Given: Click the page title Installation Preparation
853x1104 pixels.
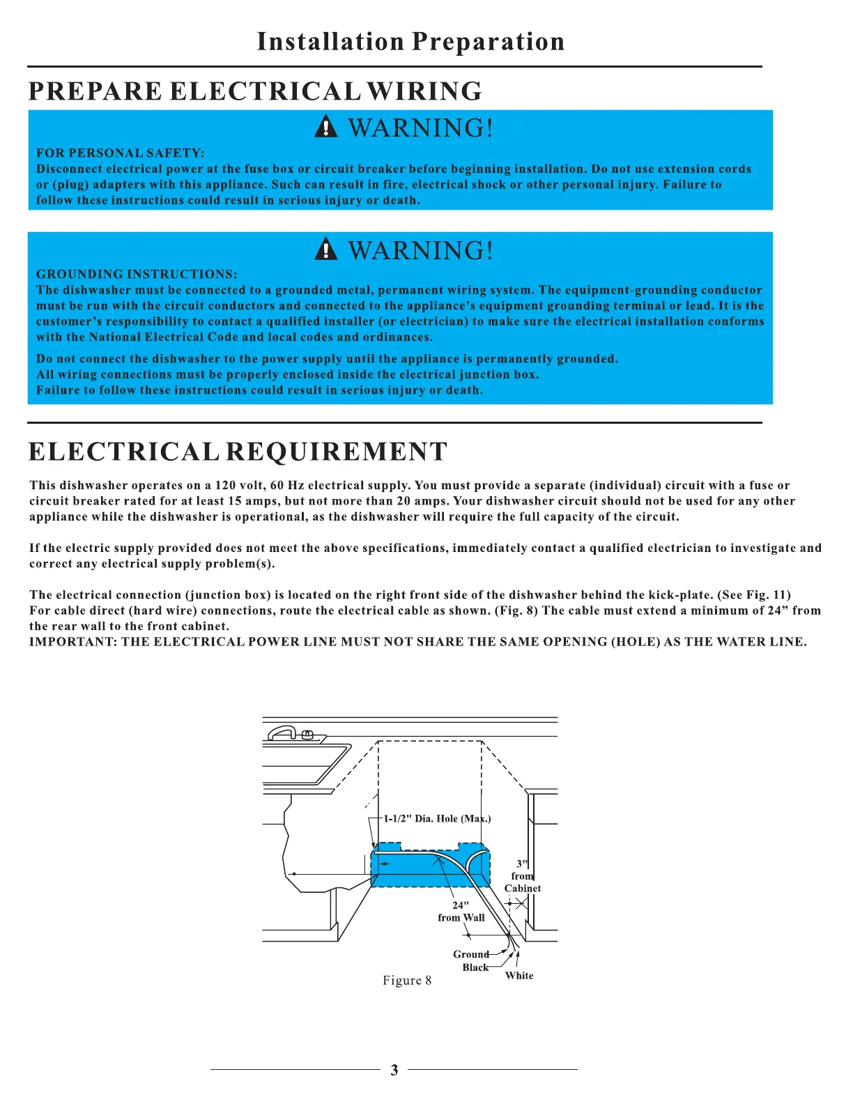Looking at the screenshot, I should [x=410, y=42].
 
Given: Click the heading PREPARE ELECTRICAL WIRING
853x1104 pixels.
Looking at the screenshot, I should [x=255, y=91].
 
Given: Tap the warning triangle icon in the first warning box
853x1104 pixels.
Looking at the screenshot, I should [x=325, y=128].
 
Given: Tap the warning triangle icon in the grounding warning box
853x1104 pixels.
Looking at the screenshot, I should [x=325, y=250].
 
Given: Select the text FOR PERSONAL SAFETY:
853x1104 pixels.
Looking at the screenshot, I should [x=120, y=153].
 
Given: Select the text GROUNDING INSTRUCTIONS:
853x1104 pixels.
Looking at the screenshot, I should [x=137, y=274].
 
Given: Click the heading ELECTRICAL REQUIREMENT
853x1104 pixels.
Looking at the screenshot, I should [x=238, y=452].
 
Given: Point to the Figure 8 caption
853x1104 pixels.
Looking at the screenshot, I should [x=407, y=981].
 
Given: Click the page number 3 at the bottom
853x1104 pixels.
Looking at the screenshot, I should [x=394, y=1070].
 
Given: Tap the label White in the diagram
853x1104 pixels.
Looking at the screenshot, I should [x=519, y=976].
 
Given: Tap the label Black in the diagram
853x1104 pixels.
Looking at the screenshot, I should [x=475, y=967].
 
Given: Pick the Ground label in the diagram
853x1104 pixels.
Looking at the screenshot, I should [x=471, y=954].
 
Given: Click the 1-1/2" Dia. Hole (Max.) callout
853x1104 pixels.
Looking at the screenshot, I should [x=437, y=818].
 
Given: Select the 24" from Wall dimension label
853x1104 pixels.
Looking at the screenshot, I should [x=461, y=912].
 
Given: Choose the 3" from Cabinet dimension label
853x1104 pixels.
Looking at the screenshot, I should [x=523, y=876].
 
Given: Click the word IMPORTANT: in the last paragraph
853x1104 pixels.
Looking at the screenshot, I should [x=73, y=642].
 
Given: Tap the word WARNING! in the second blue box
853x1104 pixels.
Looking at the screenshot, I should [x=421, y=250].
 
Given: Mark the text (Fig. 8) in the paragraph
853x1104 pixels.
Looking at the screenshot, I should [x=516, y=611].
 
